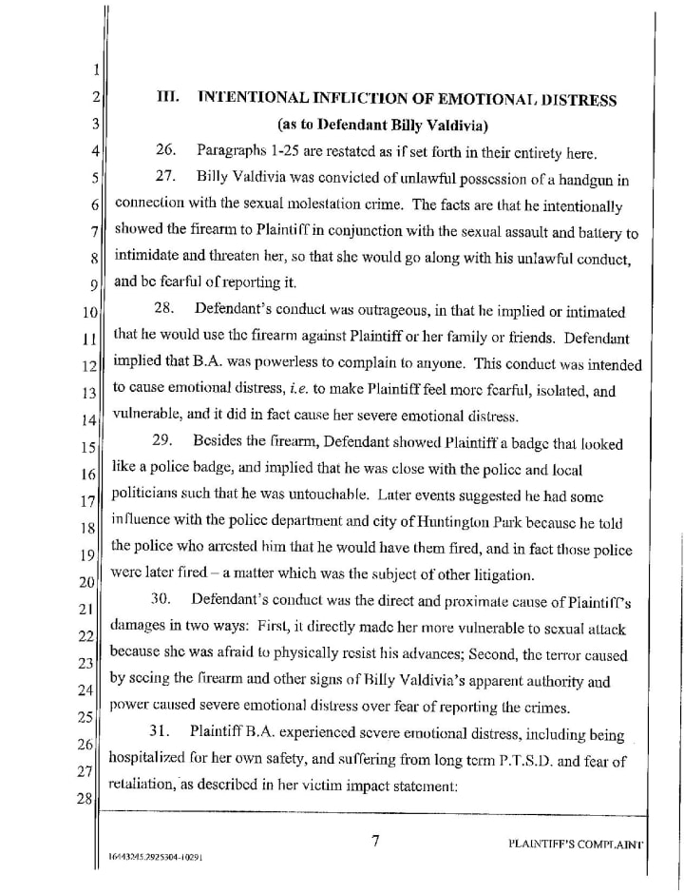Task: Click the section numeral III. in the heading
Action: tap(168, 99)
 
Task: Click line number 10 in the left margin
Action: tap(89, 313)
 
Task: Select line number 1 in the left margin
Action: tap(95, 68)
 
